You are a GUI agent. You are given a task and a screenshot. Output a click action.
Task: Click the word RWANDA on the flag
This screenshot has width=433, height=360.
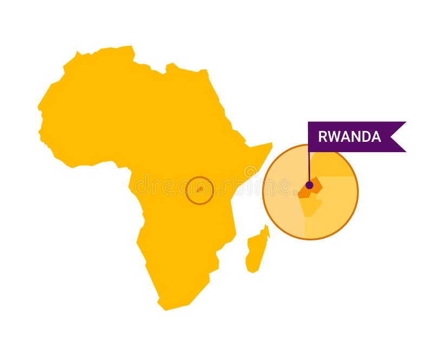coord(349,136)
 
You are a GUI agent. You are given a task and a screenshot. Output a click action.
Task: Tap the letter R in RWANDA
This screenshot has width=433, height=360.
coord(322,136)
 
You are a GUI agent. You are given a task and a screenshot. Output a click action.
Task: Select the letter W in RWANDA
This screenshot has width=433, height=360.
coord(333,136)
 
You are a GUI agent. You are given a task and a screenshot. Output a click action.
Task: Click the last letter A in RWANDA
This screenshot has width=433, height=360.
coord(376,136)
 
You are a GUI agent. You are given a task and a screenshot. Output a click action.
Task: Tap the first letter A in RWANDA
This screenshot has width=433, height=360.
coord(344,136)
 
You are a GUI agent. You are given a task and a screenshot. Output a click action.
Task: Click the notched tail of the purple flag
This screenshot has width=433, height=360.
coord(398,136)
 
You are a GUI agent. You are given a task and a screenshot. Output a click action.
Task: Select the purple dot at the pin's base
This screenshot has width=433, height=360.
coord(309,185)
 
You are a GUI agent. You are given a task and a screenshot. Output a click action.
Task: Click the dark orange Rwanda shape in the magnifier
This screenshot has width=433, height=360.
coord(314,187)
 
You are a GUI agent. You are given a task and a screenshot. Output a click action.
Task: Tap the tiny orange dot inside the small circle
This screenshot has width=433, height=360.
coord(200,190)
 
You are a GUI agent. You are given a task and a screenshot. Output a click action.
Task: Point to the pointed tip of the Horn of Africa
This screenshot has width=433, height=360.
coord(271,145)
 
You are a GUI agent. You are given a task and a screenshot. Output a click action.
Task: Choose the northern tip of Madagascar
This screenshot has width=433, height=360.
coord(266,226)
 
